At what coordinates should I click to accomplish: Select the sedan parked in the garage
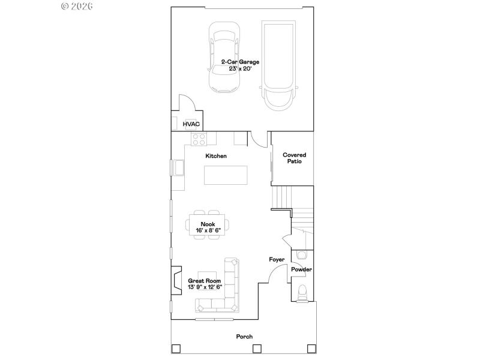pyautogui.click(x=224, y=58)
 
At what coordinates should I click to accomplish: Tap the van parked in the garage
pyautogui.click(x=278, y=65)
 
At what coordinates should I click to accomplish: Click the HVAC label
pyautogui.click(x=191, y=124)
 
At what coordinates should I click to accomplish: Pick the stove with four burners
pyautogui.click(x=199, y=139)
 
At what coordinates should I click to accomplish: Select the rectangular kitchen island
pyautogui.click(x=225, y=175)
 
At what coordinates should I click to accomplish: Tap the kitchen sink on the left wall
pyautogui.click(x=179, y=169)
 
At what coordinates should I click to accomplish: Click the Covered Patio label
pyautogui.click(x=295, y=158)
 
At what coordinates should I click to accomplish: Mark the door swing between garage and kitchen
pyautogui.click(x=259, y=140)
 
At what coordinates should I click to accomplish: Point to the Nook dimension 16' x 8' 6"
pyautogui.click(x=208, y=230)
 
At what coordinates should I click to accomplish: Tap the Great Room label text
pyautogui.click(x=205, y=281)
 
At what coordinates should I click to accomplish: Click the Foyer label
pyautogui.click(x=276, y=260)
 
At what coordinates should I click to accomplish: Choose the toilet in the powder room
pyautogui.click(x=302, y=293)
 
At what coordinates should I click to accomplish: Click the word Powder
pyautogui.click(x=301, y=269)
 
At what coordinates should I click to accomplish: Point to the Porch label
pyautogui.click(x=244, y=337)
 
